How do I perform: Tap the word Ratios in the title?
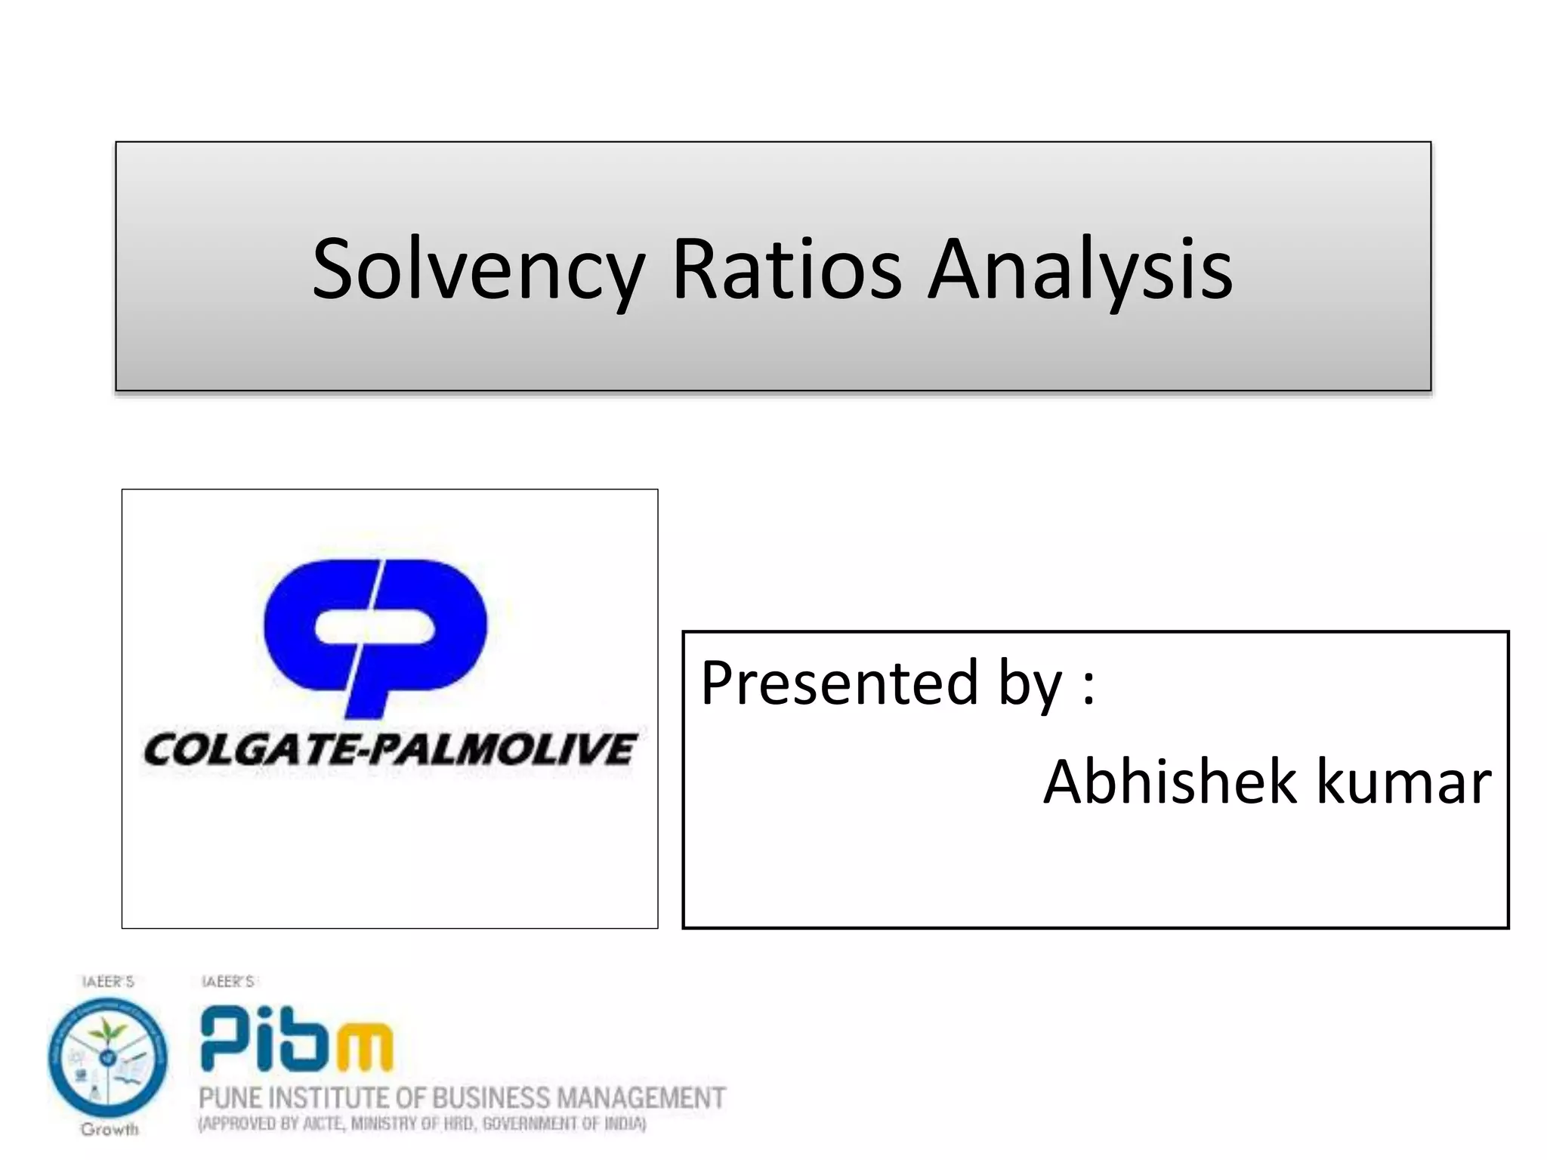click(787, 270)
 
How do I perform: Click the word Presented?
click(839, 683)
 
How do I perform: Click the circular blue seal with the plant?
click(108, 1057)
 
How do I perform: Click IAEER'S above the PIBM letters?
click(227, 982)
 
